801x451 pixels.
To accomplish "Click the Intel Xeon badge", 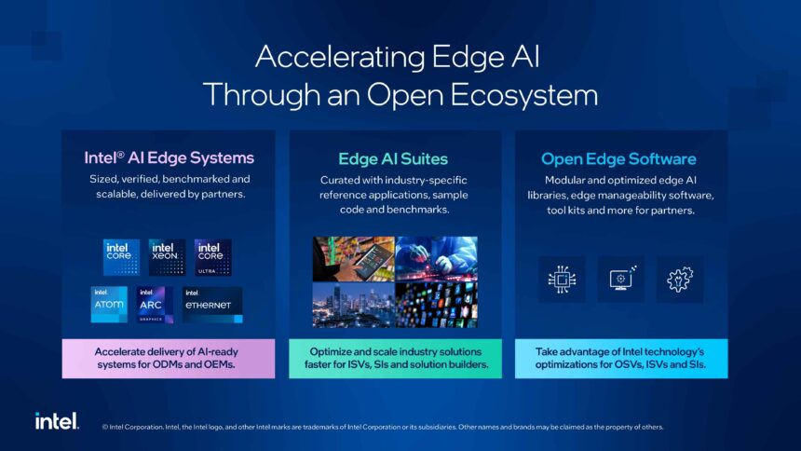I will pos(167,257).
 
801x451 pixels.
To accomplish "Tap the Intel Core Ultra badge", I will pos(212,257).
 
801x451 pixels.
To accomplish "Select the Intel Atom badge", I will pos(109,304).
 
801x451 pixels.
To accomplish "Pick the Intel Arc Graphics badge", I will pos(156,304).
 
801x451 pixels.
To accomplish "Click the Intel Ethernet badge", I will pos(212,304).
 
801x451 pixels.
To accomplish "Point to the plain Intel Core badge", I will pos(121,257).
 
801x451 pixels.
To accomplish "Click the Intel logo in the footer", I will pos(57,421).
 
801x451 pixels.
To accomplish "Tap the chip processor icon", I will pos(562,279).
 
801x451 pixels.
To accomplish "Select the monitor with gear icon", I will pos(620,279).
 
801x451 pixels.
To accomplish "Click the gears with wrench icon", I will pos(680,279).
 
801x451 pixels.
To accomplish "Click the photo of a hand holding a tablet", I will pos(353,258).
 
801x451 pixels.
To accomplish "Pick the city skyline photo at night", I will pos(353,305).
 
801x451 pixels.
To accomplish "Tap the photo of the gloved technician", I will pos(436,258).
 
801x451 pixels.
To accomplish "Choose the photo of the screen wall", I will pos(436,305).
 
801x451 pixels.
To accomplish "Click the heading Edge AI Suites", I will pos(393,158).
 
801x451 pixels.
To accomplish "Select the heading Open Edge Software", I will pos(618,158).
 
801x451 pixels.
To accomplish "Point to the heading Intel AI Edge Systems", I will pos(169,157).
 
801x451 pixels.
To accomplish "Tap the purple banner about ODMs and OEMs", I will pos(169,358).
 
